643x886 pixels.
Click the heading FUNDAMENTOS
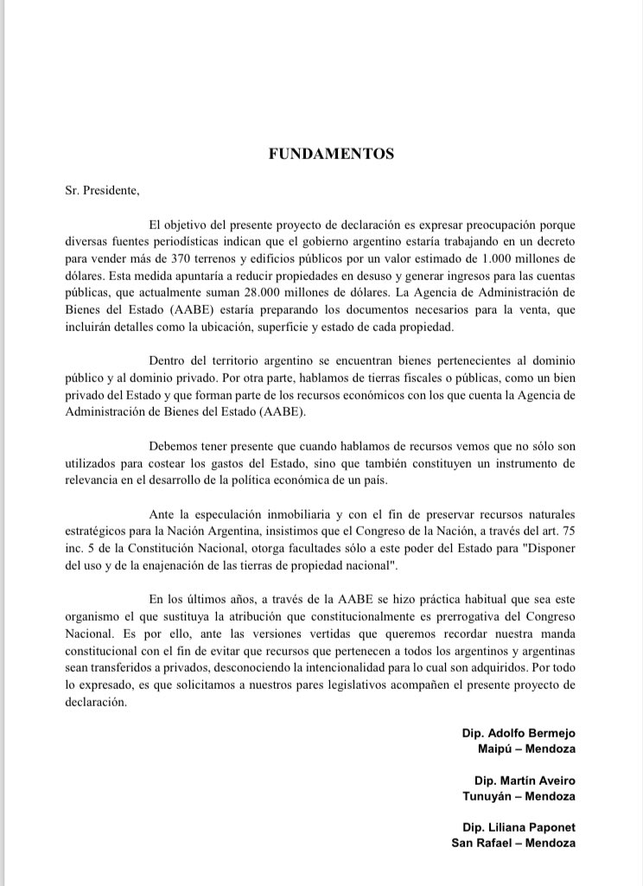coord(331,154)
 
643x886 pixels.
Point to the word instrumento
coord(536,462)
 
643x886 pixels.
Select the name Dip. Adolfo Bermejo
coord(519,733)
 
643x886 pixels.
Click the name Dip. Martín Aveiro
coord(525,781)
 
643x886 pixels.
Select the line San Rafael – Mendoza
coord(513,843)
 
